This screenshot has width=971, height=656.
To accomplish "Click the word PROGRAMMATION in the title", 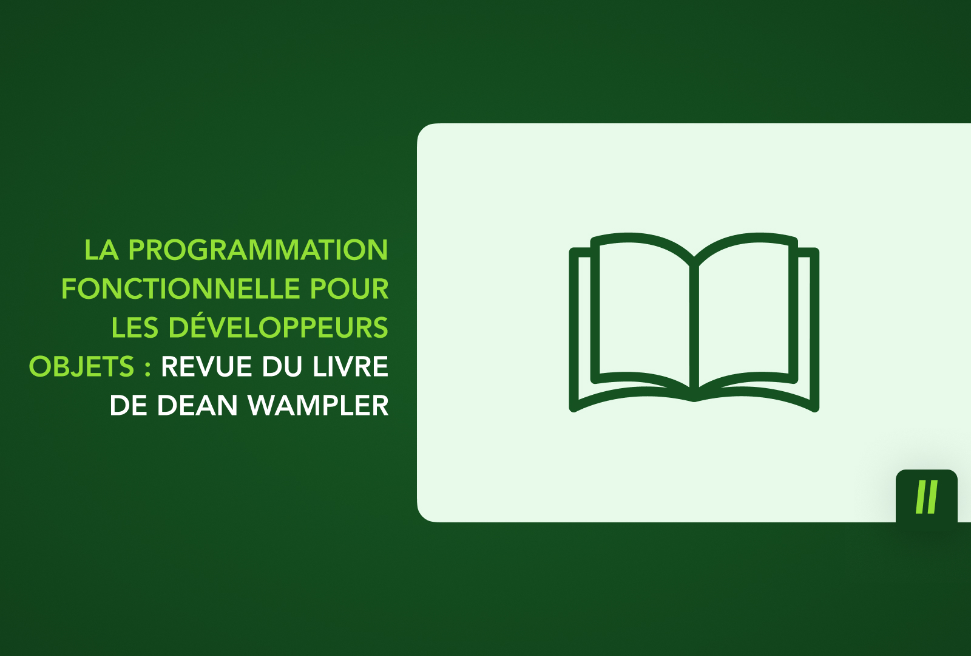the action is (258, 250).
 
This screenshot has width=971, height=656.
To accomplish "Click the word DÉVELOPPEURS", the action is (278, 327).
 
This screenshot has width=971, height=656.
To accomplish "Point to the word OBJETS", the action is (81, 367).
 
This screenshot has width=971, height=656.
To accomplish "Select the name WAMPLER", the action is (318, 406).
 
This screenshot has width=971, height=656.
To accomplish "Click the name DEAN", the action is (197, 406).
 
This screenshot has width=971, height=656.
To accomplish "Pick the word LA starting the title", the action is (101, 250).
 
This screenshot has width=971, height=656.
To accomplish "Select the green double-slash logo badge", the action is (926, 496).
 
